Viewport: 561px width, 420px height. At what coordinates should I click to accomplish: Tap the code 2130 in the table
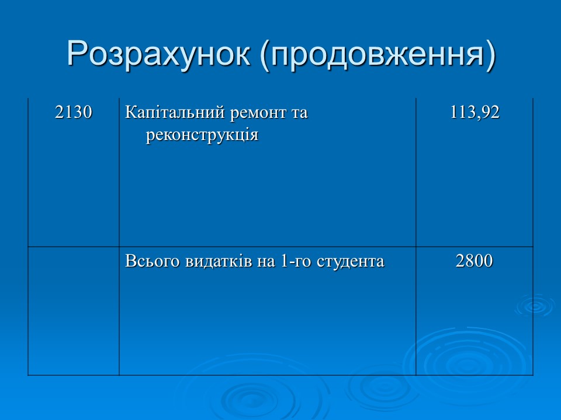(x=74, y=113)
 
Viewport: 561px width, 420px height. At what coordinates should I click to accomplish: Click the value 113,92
(x=475, y=113)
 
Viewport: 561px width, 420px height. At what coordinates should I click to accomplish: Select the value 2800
(x=475, y=262)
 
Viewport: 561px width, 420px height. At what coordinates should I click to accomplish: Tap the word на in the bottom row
(x=259, y=262)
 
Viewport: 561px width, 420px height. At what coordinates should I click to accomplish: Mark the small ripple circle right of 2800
(x=534, y=306)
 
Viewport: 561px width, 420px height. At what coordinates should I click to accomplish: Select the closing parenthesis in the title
(x=490, y=55)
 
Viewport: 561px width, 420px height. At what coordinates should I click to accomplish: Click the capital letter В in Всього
(x=130, y=262)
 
